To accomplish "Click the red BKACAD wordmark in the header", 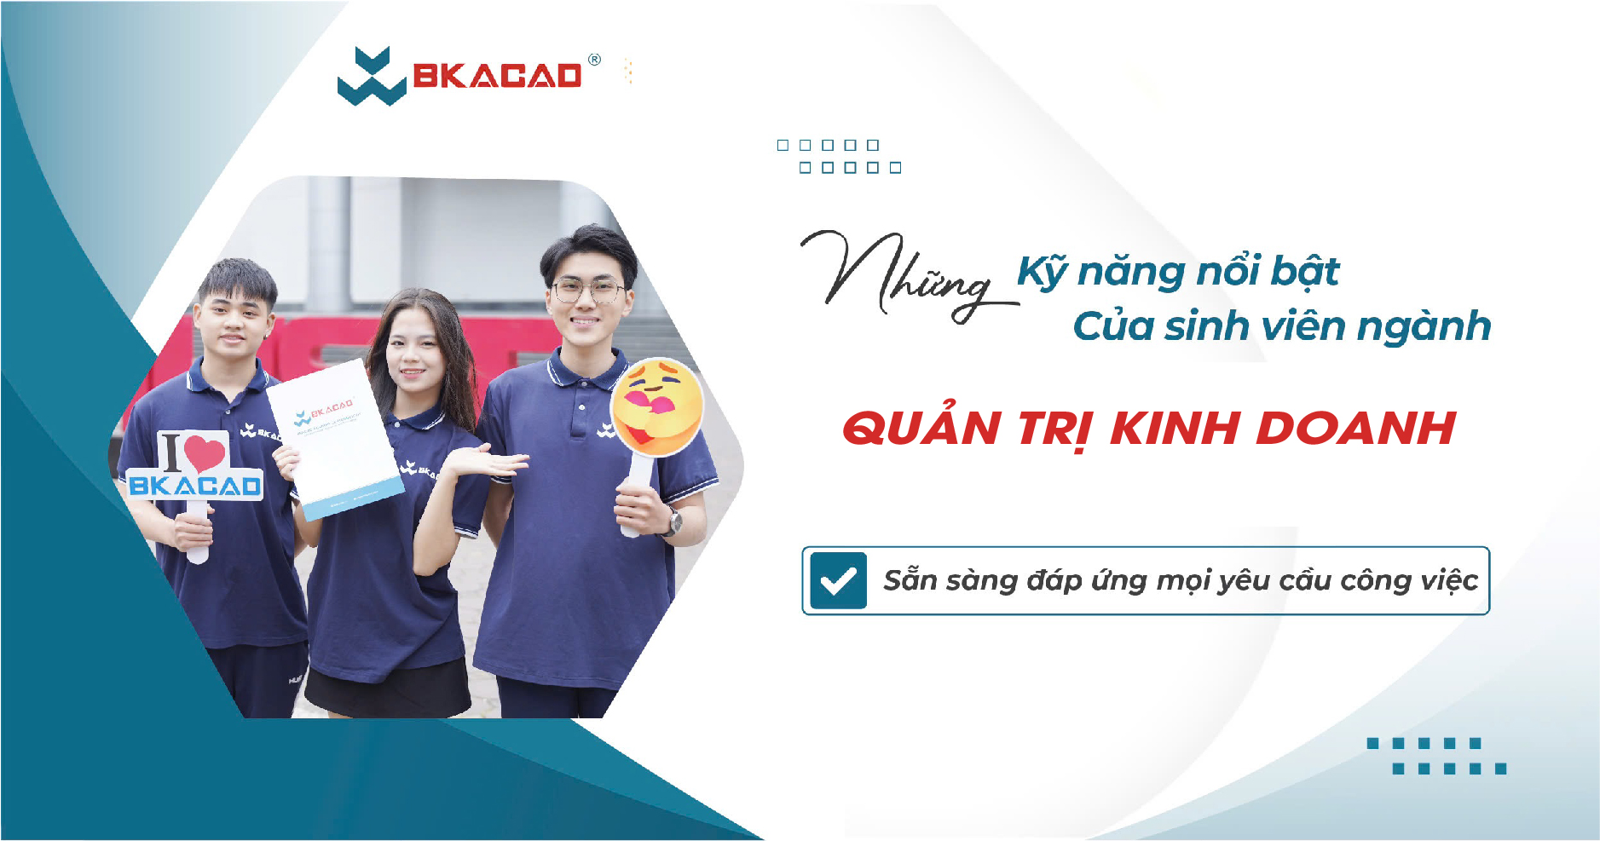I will click(x=497, y=77).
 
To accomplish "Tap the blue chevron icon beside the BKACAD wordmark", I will click(x=371, y=77).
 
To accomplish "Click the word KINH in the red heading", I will click(x=1176, y=428).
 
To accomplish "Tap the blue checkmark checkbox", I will click(x=838, y=580).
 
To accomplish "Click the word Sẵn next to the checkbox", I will click(x=910, y=579).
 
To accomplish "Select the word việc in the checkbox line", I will click(x=1449, y=581).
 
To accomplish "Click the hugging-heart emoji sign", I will click(x=656, y=406).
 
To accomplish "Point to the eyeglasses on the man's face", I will click(x=587, y=291).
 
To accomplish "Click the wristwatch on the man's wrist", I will click(x=674, y=521).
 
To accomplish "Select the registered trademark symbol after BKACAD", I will click(x=594, y=60).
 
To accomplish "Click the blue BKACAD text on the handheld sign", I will click(x=195, y=487).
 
